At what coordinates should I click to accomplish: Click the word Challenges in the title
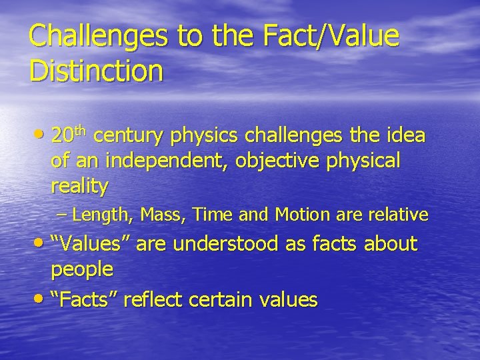coord(99,36)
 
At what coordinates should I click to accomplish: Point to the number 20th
coord(69,135)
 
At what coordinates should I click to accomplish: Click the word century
coord(129,137)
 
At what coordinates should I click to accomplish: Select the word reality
coord(79,187)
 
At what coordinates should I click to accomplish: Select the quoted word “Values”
coord(94,244)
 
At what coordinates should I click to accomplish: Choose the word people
coord(82,270)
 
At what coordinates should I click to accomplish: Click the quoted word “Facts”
coord(89,299)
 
